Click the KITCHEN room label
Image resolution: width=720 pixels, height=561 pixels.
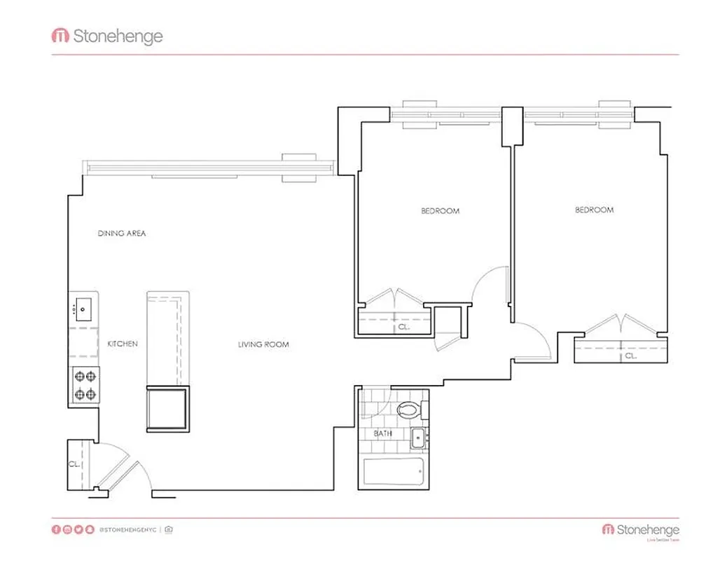coord(122,344)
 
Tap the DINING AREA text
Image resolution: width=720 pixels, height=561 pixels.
coord(122,234)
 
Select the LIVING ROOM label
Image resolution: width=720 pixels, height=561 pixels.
coord(263,344)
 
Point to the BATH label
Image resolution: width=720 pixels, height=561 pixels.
coord(382,434)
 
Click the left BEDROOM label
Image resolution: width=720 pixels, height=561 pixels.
coord(440,211)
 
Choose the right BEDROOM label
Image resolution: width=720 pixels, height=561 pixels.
coord(594,210)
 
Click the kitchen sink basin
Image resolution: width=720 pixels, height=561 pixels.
coord(84,308)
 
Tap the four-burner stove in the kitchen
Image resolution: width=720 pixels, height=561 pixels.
coord(85,385)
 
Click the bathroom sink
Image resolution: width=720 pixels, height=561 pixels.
coord(419,438)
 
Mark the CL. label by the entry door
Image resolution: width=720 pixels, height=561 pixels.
coord(74,464)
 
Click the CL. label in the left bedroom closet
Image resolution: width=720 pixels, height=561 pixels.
coord(403,327)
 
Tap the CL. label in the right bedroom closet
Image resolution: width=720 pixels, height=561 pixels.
coord(630,356)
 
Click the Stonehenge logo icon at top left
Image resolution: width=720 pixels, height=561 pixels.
coord(60,36)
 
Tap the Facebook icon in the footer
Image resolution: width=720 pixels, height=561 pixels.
coord(56,529)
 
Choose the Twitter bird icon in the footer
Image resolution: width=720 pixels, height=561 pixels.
coord(78,529)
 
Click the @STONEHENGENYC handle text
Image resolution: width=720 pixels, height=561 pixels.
coord(127,529)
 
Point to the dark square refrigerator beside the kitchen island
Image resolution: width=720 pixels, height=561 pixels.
coord(167,409)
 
